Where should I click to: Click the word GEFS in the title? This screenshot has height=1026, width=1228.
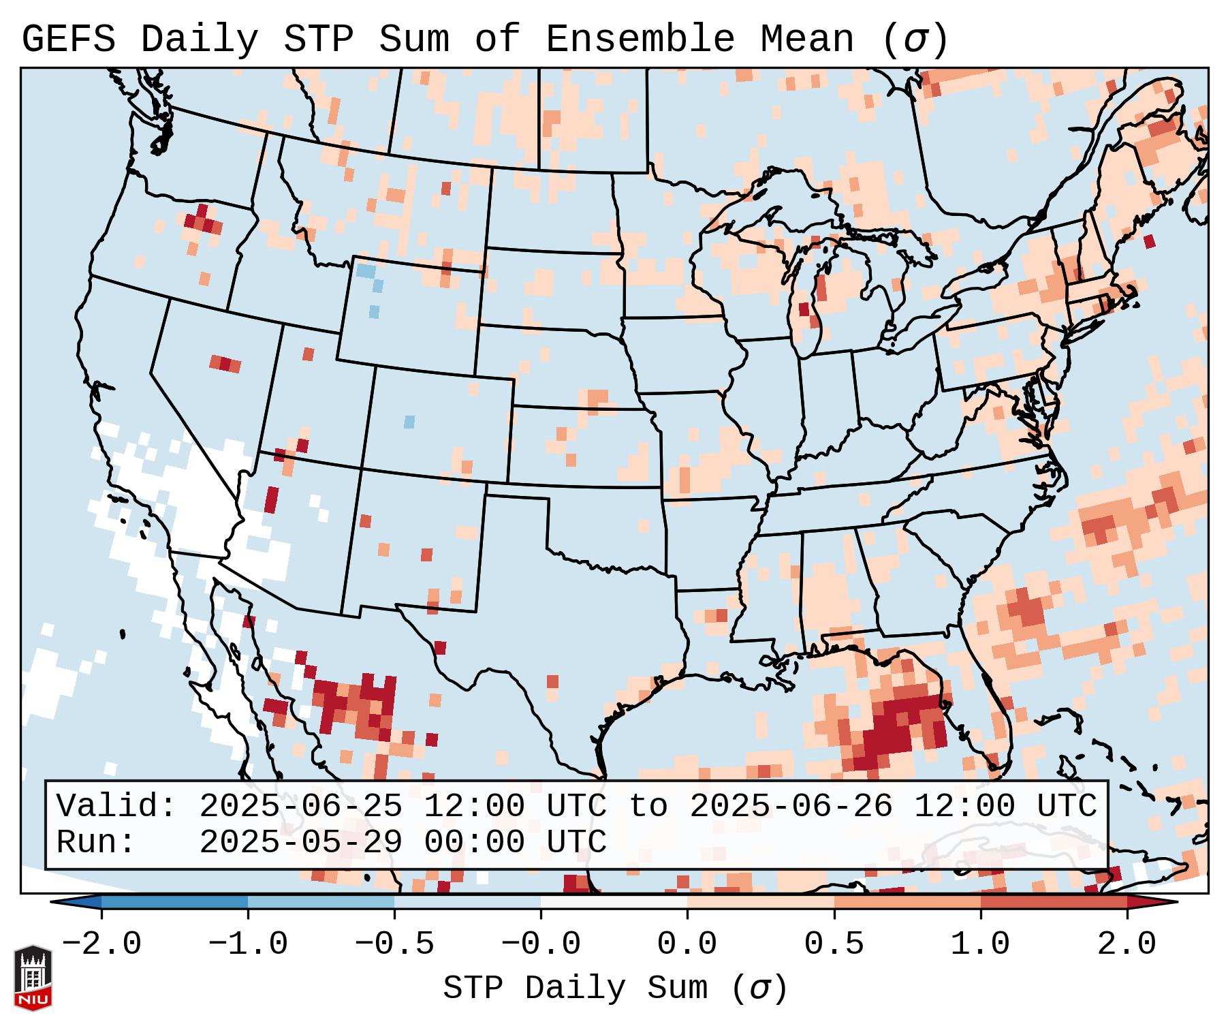tap(68, 39)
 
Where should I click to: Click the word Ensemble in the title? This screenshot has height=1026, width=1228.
tap(640, 39)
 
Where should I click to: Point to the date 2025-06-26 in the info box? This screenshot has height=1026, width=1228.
tap(791, 806)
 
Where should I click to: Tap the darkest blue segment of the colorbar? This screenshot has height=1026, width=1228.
tap(174, 902)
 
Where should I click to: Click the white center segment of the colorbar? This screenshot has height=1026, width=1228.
tap(614, 902)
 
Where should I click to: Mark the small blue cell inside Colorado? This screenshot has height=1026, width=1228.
tap(409, 422)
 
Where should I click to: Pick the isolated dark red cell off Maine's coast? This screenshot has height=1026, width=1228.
tap(1150, 241)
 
